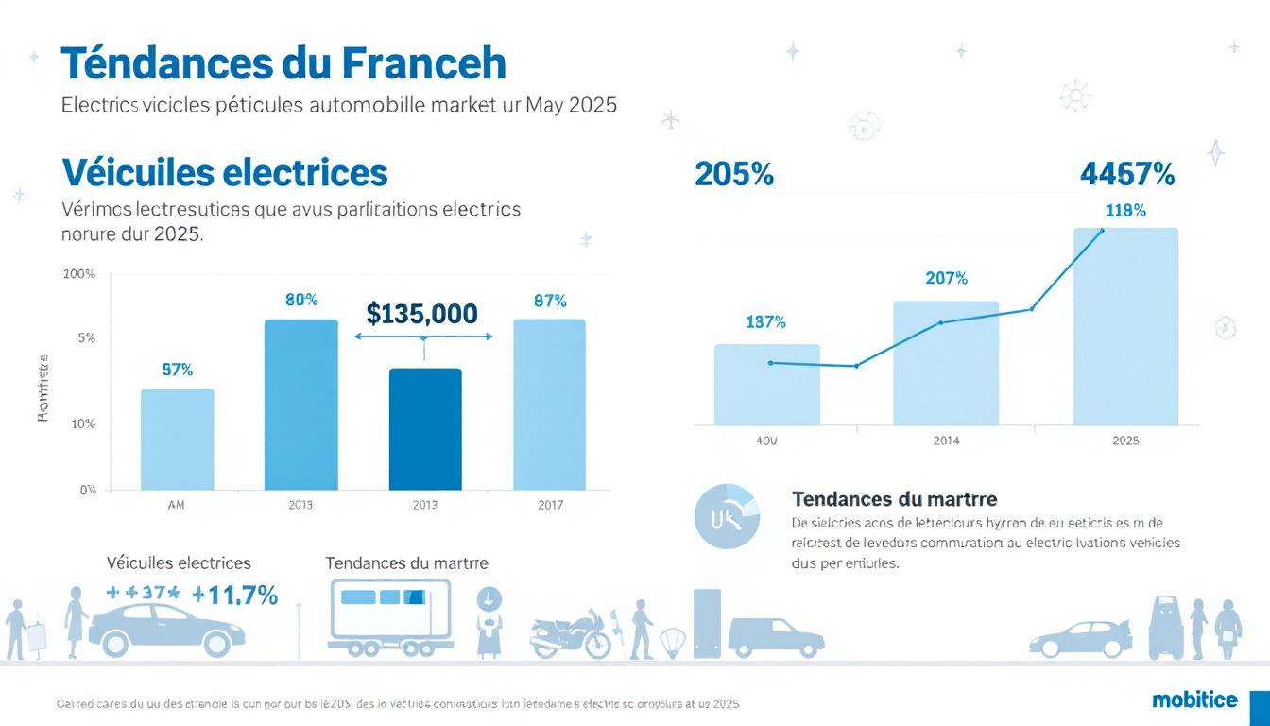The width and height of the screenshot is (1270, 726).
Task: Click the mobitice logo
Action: (1194, 700)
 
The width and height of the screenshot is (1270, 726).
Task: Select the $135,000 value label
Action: (421, 314)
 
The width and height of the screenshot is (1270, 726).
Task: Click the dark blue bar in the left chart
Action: (425, 429)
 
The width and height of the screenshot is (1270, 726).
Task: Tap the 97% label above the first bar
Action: (177, 370)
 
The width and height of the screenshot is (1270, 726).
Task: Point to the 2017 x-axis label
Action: (549, 505)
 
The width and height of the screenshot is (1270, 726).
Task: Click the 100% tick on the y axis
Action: (79, 274)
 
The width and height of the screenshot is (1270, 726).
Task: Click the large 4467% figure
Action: (1126, 174)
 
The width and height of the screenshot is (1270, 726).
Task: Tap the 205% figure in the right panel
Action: (733, 174)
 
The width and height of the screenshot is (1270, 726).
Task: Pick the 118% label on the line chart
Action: (1125, 211)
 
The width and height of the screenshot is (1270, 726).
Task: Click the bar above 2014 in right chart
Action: (945, 363)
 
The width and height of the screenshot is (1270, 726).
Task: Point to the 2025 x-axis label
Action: (1125, 441)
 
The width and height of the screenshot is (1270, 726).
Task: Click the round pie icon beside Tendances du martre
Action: (726, 516)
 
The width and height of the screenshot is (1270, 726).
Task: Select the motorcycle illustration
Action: (571, 634)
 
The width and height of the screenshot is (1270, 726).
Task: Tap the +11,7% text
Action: (234, 595)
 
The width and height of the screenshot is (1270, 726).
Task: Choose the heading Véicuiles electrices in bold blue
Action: (225, 173)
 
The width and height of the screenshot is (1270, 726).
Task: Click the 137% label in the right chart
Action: (765, 322)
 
